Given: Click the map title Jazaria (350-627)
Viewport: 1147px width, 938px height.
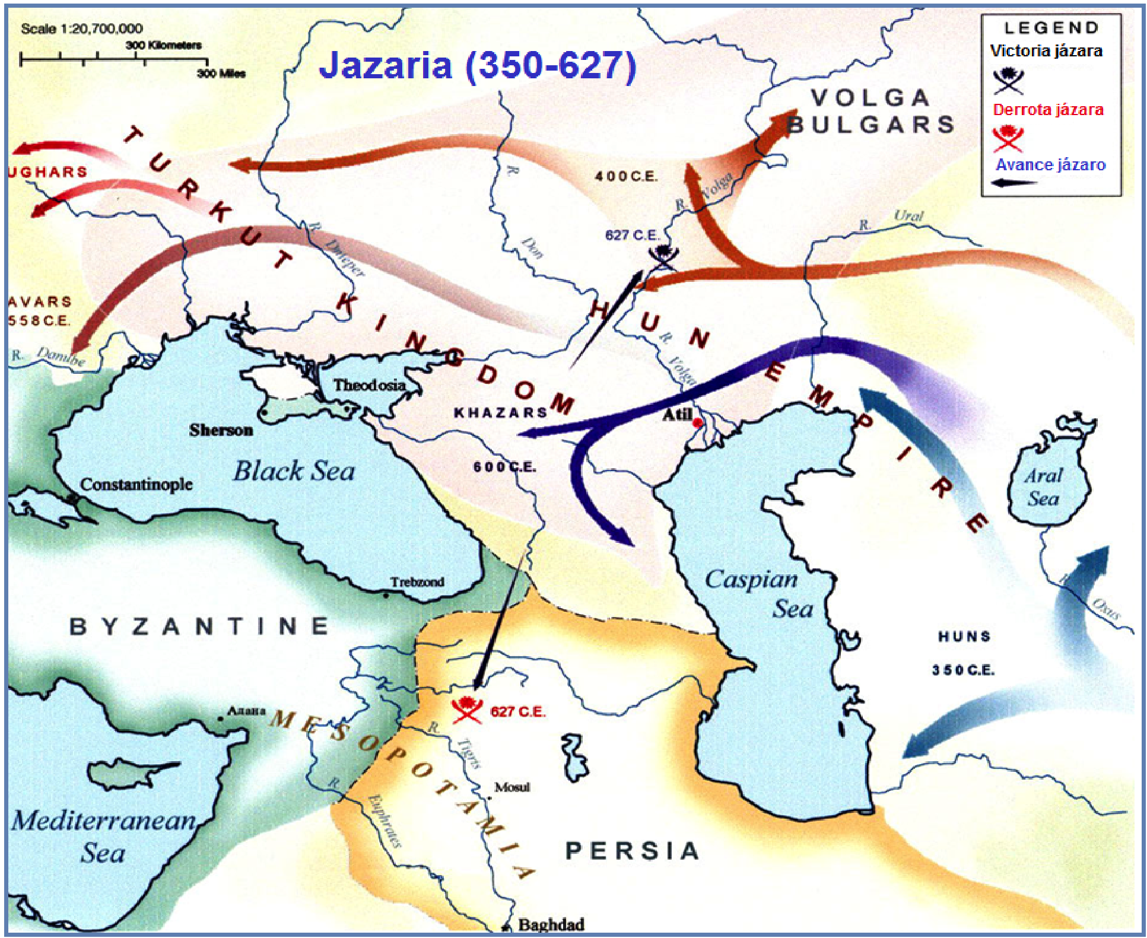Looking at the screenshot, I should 478,65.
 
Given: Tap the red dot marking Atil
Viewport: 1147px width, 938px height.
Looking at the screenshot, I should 698,423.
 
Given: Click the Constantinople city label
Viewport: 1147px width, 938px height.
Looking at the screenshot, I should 136,485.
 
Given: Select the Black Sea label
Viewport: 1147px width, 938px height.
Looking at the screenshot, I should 294,472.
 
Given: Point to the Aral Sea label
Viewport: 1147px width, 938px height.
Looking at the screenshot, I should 1043,487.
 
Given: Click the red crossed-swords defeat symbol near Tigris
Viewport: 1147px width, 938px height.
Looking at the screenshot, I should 466,708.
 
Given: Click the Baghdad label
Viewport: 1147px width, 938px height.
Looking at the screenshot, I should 551,924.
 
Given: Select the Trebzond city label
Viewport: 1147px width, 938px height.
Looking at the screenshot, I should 417,582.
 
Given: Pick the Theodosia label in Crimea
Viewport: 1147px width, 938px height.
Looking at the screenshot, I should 369,385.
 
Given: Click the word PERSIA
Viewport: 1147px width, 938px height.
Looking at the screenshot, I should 633,851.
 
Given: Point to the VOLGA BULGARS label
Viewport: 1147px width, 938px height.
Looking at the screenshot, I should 871,112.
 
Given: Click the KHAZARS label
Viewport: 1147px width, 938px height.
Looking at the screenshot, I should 500,412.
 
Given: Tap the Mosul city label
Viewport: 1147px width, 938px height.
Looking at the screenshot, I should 512,787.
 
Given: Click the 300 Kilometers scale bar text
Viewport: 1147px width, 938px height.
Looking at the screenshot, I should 163,45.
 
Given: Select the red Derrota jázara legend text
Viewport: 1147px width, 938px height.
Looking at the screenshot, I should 1048,110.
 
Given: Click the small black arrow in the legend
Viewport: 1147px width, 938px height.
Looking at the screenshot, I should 1015,182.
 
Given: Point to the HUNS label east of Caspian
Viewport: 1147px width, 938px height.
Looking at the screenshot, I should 964,637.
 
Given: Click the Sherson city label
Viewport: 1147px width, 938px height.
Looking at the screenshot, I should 221,430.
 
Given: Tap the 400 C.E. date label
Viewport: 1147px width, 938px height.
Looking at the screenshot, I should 626,176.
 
